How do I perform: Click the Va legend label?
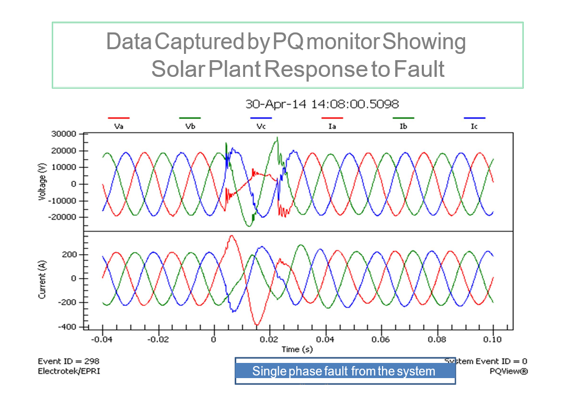coord(118,127)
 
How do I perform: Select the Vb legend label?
coord(190,127)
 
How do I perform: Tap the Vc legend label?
coord(261,127)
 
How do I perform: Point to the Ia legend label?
coord(332,127)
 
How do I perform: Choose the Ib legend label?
coord(403,127)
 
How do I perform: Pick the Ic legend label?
coord(474,127)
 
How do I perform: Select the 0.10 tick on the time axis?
coord(493,339)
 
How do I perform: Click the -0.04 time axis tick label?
coord(102,339)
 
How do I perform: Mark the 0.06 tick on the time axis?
coord(381,339)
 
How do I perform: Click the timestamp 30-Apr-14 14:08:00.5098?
coord(322,104)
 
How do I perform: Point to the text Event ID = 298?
coord(68,361)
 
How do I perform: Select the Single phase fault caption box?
coord(344,371)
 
